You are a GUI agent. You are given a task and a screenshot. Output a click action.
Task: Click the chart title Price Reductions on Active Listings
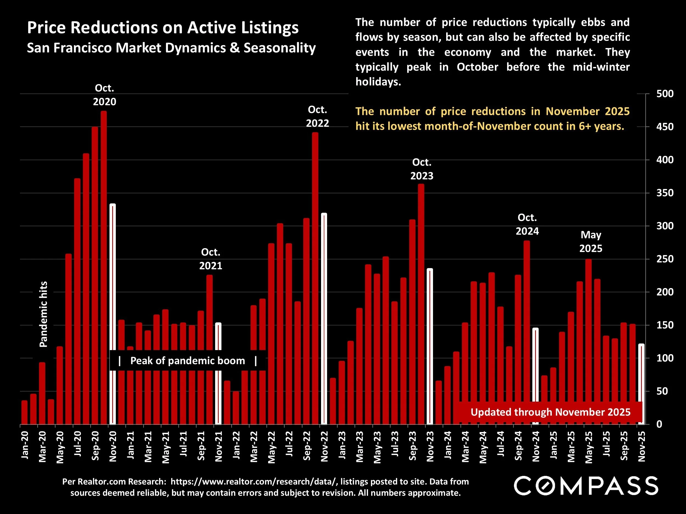coord(162,28)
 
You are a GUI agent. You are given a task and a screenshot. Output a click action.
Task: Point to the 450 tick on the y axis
coord(665,127)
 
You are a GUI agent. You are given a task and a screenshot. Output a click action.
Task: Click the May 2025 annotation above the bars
coord(591,242)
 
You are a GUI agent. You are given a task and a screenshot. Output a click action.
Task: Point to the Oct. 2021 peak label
coord(210,259)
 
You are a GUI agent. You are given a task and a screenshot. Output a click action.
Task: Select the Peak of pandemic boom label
coord(188,361)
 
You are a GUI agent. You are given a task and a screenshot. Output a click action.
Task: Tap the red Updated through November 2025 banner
coord(550,412)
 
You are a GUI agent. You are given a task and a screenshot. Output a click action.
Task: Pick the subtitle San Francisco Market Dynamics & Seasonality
coord(171,48)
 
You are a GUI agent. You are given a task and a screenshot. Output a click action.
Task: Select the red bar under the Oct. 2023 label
coord(421,304)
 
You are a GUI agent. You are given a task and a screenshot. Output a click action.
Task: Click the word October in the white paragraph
coord(477,67)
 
